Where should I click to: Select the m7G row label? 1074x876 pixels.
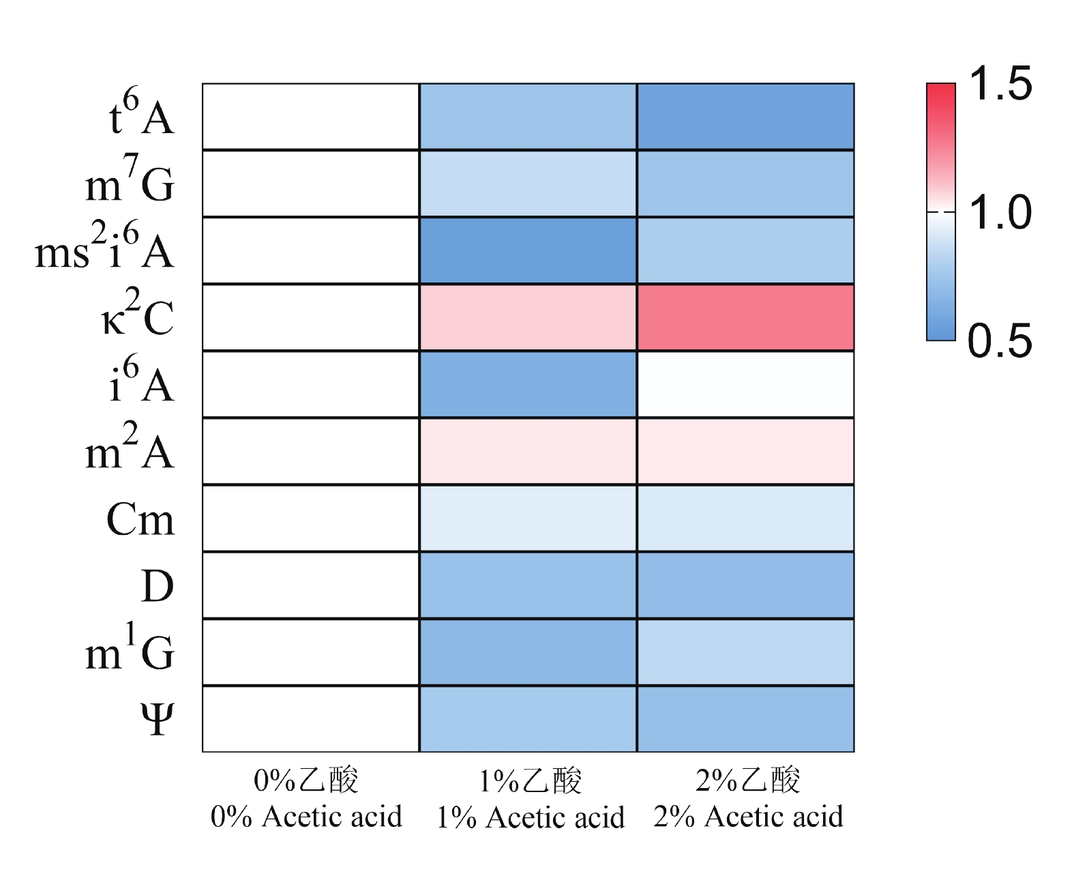[130, 181]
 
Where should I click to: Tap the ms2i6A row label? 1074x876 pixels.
[105, 248]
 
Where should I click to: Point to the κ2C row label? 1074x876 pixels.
[138, 315]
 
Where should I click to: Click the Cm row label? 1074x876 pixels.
[140, 520]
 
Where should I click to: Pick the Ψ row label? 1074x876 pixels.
[158, 719]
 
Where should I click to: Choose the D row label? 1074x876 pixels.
[158, 586]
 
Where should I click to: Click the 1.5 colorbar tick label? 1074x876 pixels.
[1000, 84]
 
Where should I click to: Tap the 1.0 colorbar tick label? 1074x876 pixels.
[1000, 212]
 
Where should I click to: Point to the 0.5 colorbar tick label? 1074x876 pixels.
[1000, 340]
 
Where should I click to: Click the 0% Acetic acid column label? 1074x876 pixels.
[306, 816]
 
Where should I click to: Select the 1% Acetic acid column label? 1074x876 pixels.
[530, 817]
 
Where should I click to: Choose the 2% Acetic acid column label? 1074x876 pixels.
[748, 816]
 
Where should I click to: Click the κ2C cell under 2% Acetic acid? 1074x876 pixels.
[745, 317]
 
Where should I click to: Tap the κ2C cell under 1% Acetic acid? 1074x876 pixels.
[528, 317]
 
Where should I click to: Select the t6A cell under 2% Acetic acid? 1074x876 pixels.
[745, 117]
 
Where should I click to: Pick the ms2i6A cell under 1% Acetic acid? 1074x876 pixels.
[528, 250]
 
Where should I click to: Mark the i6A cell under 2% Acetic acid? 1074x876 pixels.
[745, 384]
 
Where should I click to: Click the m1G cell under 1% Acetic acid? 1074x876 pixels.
[528, 652]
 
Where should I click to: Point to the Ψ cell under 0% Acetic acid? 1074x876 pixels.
[311, 719]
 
